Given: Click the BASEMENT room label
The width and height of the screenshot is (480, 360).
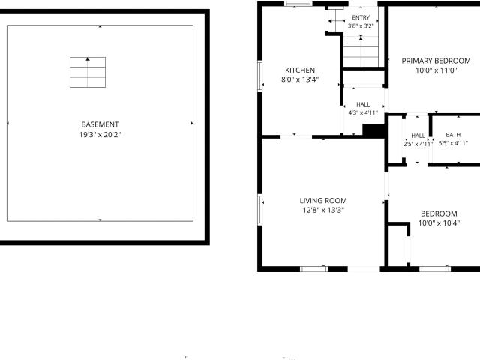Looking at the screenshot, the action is [100, 124].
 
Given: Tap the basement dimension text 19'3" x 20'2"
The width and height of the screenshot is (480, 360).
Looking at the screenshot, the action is [100, 135].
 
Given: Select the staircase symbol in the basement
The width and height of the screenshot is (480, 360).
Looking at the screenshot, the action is [88, 72].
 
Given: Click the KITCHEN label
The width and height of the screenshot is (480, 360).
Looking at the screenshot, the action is [300, 70].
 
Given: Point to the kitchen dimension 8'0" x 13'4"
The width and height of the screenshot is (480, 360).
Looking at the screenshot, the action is [300, 79].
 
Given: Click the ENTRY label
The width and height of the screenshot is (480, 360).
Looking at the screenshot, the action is [361, 17].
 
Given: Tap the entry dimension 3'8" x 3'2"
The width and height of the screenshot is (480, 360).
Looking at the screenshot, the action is [361, 26].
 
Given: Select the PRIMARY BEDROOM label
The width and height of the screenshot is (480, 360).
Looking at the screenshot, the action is [436, 61].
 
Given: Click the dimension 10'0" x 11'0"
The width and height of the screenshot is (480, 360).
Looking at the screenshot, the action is [436, 70].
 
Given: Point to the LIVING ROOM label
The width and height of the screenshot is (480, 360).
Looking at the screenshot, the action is [323, 201].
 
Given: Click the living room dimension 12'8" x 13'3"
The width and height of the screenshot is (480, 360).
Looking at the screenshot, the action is [323, 210].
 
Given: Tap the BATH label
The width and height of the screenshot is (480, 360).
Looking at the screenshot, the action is [453, 135].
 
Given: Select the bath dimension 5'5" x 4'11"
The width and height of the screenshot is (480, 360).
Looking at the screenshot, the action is [453, 143].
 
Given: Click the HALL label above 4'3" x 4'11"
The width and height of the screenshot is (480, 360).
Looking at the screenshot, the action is [363, 104].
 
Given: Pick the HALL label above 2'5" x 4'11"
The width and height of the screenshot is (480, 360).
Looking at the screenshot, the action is [418, 136].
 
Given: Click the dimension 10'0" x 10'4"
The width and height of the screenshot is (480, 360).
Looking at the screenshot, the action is [439, 223].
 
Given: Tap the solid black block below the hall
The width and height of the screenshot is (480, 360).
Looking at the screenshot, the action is [373, 130].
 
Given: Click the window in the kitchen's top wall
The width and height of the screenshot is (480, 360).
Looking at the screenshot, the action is [298, 4].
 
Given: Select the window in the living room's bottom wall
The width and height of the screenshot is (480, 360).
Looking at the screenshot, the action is [314, 269].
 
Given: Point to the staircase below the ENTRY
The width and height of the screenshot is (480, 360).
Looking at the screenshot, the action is [361, 52].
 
